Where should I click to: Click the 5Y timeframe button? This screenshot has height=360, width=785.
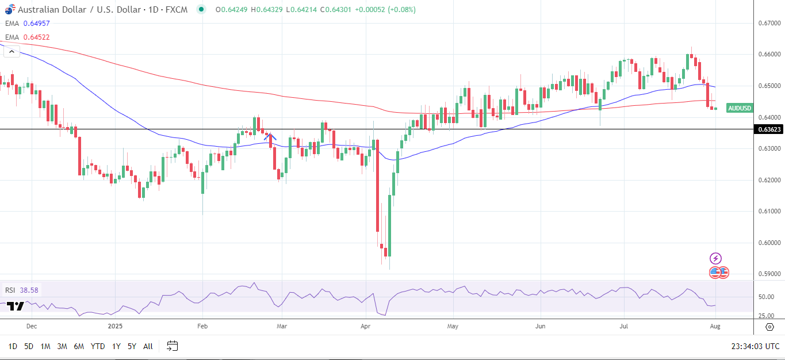coord(132,346)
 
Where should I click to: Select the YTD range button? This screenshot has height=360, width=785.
coord(98,346)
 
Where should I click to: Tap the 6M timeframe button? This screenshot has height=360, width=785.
coord(79,346)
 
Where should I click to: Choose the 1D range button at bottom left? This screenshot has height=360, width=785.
coord(13,346)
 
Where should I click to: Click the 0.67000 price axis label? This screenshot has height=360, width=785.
coord(768,23)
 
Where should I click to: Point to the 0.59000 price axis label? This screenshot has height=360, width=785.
coord(768,274)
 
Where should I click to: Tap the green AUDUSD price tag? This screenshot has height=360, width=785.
coord(740,108)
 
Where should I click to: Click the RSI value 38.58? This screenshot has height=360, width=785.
coord(28,290)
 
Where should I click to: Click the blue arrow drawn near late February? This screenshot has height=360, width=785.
coord(270,137)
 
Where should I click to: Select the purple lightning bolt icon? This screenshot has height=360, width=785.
coord(715,258)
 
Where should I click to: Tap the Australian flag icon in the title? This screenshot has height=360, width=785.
coord(10,10)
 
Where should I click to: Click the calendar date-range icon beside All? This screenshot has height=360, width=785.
coord(172,346)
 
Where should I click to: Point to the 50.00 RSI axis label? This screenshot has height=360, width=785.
coord(766,297)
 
